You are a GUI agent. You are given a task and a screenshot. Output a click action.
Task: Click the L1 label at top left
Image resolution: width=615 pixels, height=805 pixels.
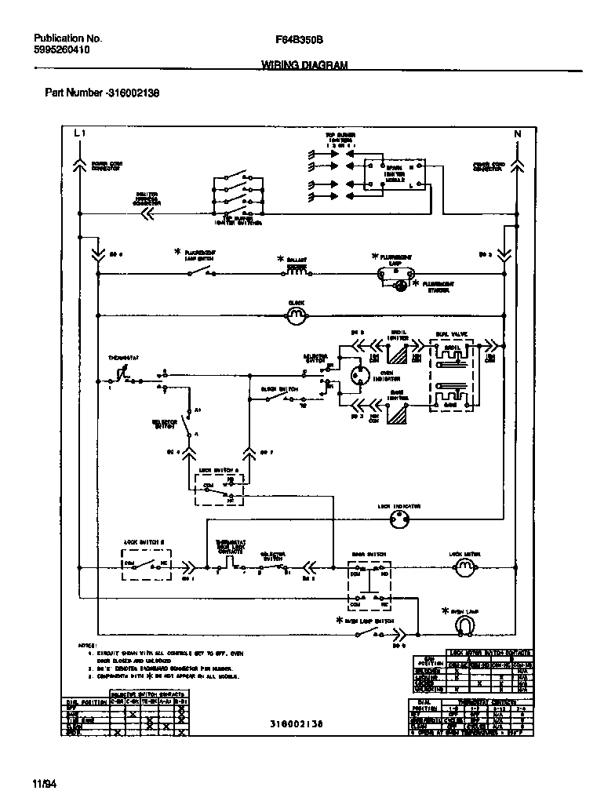(x=78, y=133)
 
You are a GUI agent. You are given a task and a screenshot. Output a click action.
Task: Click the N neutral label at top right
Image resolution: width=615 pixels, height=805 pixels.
(x=517, y=134)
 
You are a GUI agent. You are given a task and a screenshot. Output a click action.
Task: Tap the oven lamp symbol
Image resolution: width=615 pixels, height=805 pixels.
(x=465, y=625)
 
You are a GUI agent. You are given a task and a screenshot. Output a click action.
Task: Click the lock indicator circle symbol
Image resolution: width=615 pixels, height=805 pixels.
(x=405, y=519)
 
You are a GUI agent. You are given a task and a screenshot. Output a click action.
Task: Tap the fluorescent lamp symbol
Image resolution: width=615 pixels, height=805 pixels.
(x=396, y=272)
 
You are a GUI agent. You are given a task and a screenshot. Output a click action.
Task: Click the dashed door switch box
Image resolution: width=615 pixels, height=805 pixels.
(x=369, y=581)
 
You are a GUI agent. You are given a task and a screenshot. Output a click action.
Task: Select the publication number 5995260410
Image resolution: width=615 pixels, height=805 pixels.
(x=62, y=49)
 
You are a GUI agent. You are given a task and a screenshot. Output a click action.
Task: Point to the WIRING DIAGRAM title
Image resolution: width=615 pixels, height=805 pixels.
(x=304, y=67)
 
